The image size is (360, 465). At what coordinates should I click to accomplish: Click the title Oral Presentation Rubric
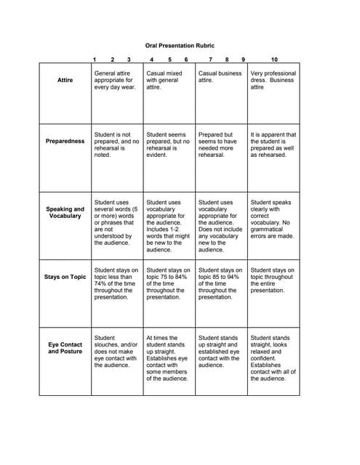tap(180, 45)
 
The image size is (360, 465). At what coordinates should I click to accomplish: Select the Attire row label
tap(65, 80)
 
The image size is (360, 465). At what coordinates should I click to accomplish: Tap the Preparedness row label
tap(65, 141)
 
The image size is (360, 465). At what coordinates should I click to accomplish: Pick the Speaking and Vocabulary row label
tap(65, 212)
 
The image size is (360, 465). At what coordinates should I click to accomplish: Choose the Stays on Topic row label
tap(65, 277)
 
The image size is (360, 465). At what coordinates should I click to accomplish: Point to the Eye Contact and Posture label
tap(65, 347)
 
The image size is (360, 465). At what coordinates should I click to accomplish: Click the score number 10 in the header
tap(274, 59)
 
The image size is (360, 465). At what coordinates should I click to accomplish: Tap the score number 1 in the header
tap(95, 59)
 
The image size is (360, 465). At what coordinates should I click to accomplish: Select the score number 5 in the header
tap(169, 59)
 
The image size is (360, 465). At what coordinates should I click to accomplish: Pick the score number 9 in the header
tap(243, 59)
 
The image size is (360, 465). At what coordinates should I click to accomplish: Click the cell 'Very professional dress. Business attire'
tap(273, 80)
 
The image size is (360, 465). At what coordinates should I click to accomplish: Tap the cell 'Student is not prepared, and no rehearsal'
tap(116, 145)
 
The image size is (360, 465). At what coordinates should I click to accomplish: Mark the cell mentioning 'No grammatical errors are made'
tap(273, 219)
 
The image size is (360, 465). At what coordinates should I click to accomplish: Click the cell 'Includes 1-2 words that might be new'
tap(168, 226)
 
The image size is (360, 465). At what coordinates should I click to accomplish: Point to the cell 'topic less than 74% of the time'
tap(116, 283)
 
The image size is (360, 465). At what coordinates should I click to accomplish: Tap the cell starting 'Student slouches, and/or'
tap(116, 351)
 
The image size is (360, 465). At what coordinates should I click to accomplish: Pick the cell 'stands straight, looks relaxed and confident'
tap(273, 357)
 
